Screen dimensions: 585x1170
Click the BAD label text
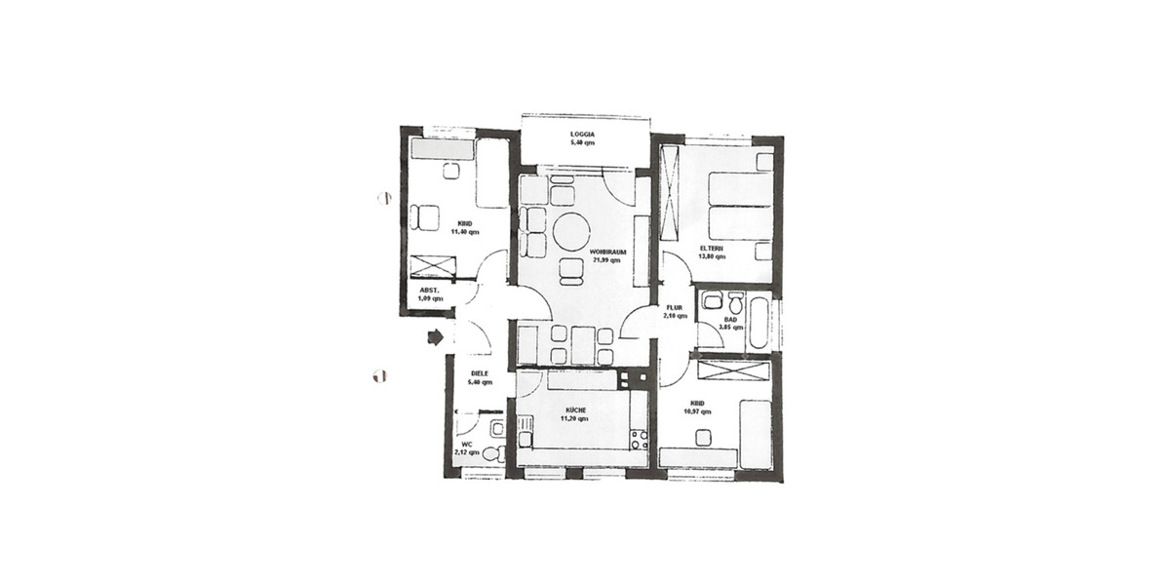click(x=730, y=318)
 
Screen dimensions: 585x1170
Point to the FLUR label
click(x=675, y=307)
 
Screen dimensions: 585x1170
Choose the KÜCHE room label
click(x=573, y=410)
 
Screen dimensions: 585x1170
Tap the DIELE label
click(x=479, y=374)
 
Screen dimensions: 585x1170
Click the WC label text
click(x=467, y=444)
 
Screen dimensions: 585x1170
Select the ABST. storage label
click(x=431, y=290)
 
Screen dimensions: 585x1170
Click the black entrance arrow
click(x=435, y=336)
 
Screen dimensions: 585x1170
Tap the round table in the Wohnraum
click(x=571, y=232)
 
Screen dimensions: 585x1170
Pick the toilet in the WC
click(x=492, y=453)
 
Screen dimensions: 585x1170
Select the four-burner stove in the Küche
click(x=640, y=439)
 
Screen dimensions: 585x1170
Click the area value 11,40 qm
click(x=464, y=232)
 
